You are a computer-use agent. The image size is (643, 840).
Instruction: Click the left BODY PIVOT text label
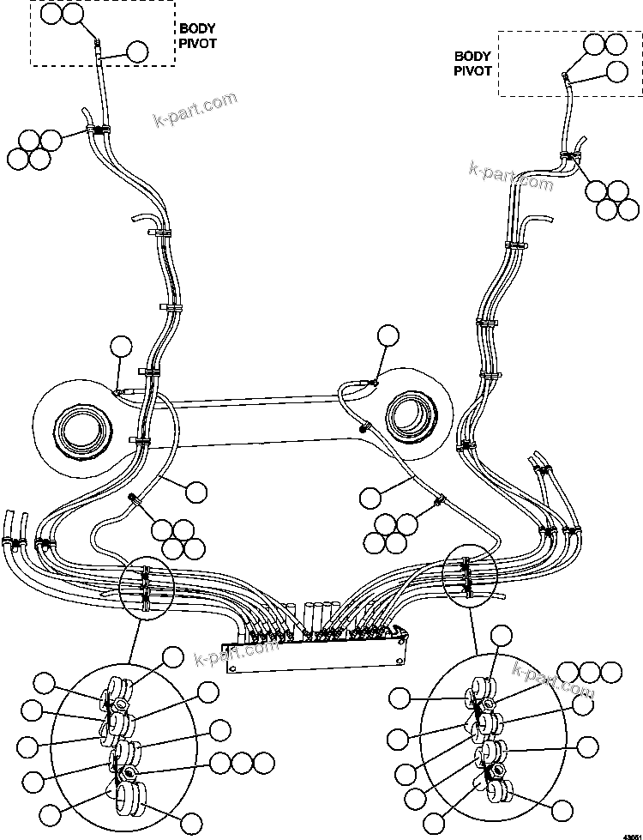197,35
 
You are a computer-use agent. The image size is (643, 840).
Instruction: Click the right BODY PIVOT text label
473,63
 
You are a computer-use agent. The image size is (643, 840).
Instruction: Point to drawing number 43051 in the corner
630,833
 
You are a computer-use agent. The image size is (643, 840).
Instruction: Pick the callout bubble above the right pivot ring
388,335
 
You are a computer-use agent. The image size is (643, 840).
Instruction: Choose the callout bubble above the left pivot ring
122,346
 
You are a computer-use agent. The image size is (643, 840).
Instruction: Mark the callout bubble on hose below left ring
196,492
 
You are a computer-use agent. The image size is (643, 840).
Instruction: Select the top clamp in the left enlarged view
117,694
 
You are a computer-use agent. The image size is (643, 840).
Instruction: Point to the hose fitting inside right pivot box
565,77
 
